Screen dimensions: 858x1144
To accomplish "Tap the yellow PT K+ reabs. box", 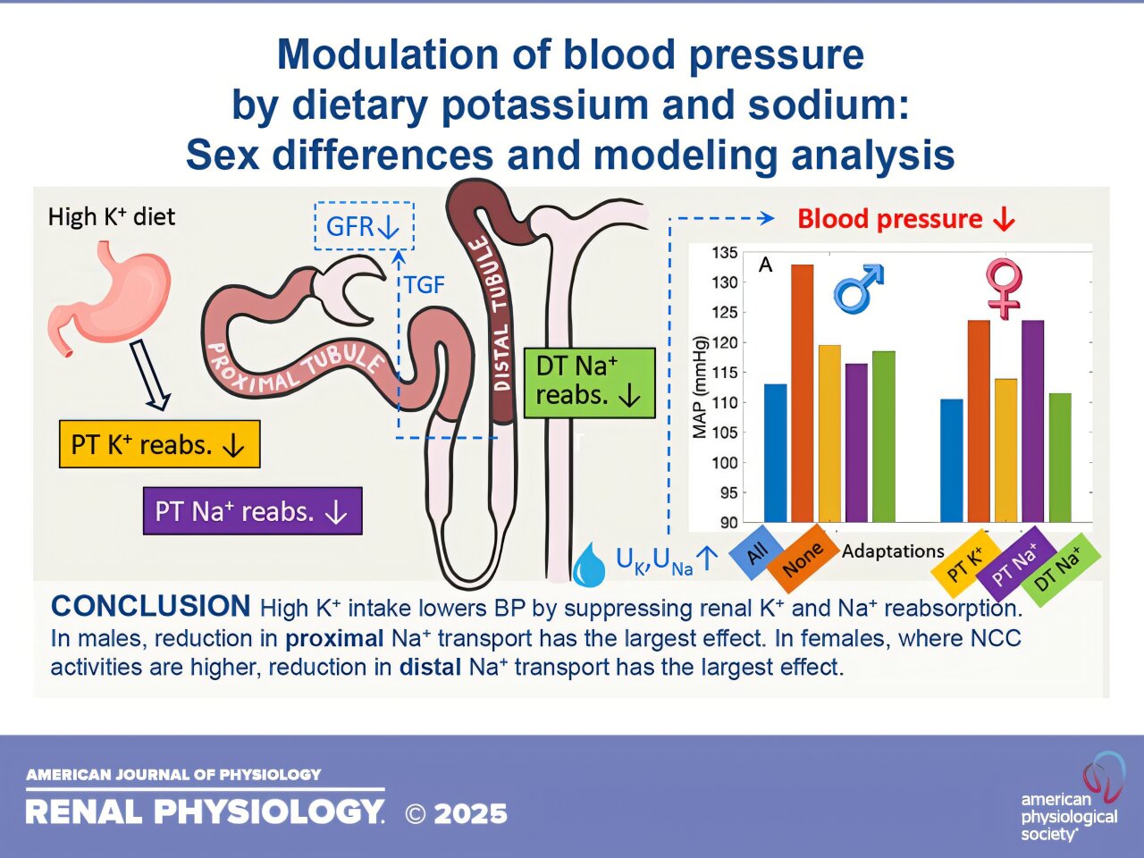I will (x=159, y=444).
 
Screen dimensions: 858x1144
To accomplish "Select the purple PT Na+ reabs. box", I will (x=252, y=511).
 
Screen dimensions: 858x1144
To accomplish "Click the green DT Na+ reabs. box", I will (x=589, y=383).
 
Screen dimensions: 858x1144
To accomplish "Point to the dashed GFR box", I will (x=364, y=226).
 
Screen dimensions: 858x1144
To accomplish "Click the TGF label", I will (x=425, y=285).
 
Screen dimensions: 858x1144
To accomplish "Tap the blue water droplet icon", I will (x=588, y=566).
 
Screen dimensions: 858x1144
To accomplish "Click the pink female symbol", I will (x=1004, y=288).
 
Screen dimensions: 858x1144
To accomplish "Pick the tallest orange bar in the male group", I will (x=802, y=393).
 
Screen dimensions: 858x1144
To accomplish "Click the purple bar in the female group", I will (x=1032, y=420).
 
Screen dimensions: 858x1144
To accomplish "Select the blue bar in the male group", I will (x=776, y=453).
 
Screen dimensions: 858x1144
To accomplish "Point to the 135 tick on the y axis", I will (x=725, y=253).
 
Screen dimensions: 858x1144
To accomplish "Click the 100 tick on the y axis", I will (x=725, y=463).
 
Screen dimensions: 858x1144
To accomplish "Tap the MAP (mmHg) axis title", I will (x=700, y=388).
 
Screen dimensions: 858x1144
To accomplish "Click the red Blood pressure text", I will (x=904, y=219).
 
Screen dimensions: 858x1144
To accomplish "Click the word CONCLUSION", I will (x=150, y=607).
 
